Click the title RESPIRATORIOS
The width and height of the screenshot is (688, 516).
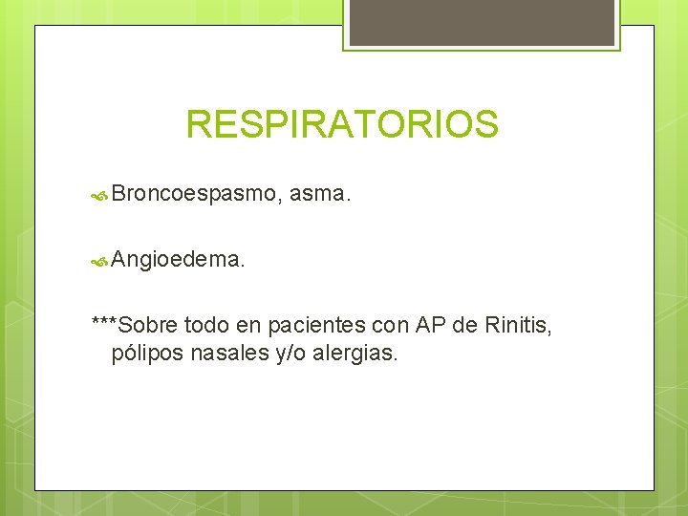tap(342, 124)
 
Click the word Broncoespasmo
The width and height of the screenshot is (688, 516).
tap(195, 195)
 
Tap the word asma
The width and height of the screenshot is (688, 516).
tap(319, 195)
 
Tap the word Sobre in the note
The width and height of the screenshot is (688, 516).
tap(148, 326)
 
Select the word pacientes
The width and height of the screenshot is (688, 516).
tap(312, 326)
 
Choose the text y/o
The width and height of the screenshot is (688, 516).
tap(287, 354)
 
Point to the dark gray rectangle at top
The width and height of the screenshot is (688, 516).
tap(482, 22)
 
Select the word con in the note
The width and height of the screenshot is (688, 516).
tap(387, 326)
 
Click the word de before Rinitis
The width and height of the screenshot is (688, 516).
tap(465, 326)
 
